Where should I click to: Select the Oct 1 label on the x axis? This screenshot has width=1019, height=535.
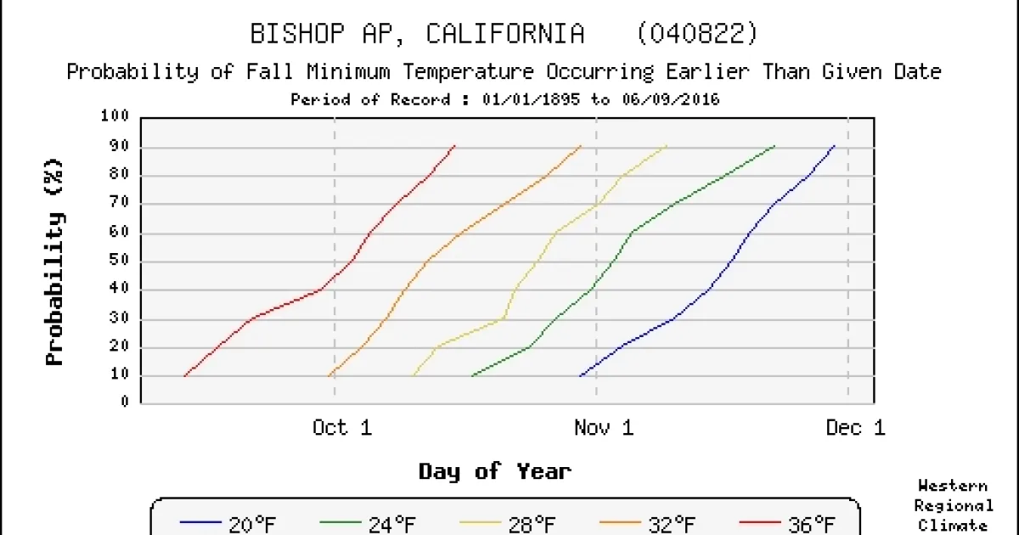(342, 427)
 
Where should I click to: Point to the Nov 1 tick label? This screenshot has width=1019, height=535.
(604, 427)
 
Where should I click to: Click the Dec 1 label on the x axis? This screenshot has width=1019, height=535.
(855, 427)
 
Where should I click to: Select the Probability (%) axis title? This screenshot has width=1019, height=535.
(55, 261)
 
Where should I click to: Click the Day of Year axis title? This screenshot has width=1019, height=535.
(494, 471)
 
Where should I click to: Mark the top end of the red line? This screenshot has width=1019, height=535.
(455, 145)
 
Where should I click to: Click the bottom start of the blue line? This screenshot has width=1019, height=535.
(580, 375)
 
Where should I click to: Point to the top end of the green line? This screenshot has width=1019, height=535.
(774, 146)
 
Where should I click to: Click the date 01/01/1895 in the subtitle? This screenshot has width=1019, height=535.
(521, 99)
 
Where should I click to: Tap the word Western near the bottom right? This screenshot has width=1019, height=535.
(953, 487)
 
